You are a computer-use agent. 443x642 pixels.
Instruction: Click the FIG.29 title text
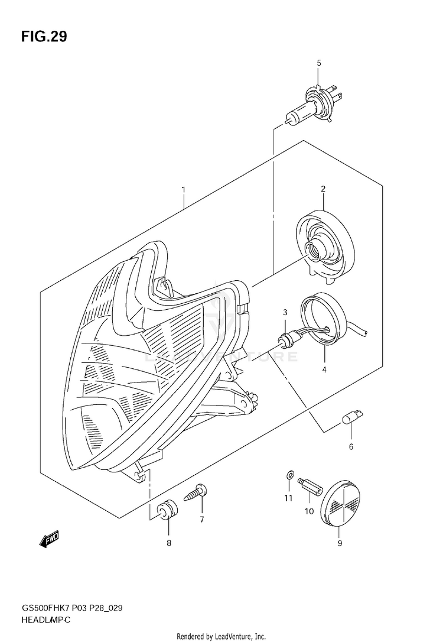[44, 37]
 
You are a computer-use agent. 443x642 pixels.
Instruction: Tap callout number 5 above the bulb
[318, 63]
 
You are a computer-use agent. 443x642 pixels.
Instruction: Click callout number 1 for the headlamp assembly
[184, 190]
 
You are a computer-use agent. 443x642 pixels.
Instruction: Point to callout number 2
[323, 189]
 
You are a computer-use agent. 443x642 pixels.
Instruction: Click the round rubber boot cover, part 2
[324, 245]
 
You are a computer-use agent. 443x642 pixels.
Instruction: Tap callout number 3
[285, 312]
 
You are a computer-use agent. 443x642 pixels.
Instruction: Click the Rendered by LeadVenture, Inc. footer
[221, 636]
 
